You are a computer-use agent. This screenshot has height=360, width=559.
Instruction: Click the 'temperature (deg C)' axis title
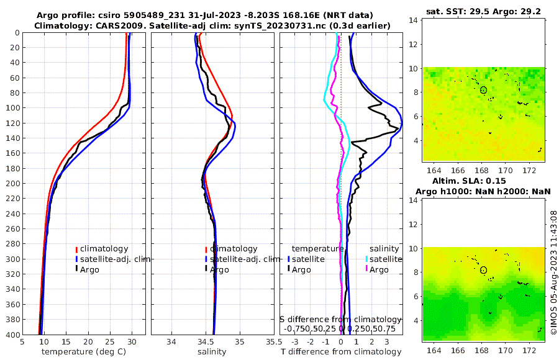84,352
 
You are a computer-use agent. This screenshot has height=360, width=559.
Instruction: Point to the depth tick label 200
11,183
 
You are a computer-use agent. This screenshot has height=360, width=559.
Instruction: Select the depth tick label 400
11,335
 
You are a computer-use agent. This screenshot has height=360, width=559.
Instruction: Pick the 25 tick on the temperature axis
110,342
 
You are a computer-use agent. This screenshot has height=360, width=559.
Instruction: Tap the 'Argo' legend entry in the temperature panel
90,269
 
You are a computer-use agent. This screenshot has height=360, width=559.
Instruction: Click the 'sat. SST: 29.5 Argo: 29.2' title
484,12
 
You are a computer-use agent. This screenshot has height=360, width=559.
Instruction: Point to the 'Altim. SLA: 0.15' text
484,180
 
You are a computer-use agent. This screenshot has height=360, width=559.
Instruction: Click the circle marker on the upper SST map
483,90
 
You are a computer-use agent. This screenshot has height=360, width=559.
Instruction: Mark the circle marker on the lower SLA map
483,270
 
